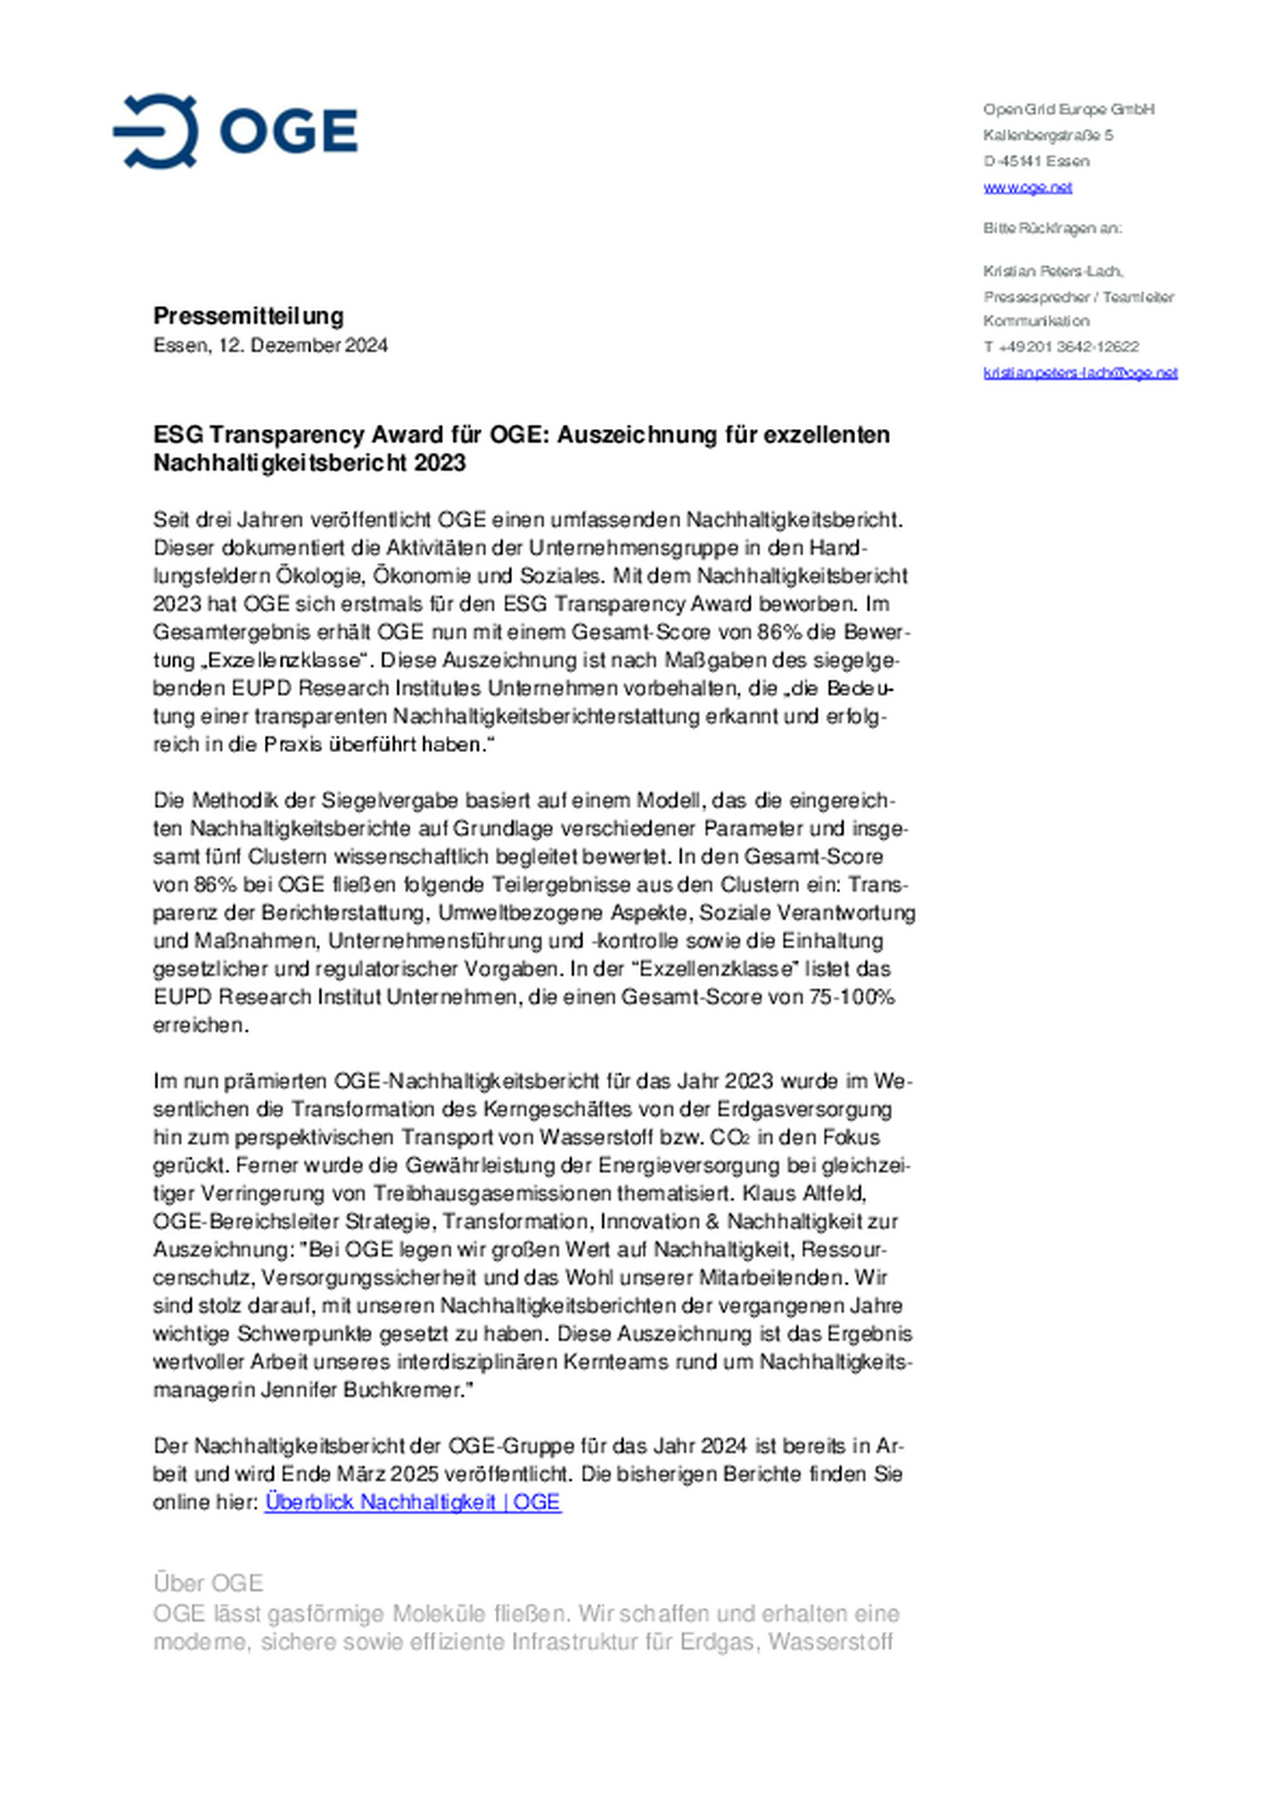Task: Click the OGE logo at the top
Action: click(235, 131)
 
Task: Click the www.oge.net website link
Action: click(1027, 187)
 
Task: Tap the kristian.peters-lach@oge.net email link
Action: click(1080, 373)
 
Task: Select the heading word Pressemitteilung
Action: click(248, 316)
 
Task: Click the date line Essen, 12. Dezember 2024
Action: click(270, 345)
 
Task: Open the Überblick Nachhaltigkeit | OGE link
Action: click(412, 1502)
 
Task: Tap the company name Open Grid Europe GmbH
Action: click(1068, 109)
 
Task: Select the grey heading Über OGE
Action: click(208, 1583)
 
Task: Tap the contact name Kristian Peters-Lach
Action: click(1052, 271)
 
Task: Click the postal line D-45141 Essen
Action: click(1036, 161)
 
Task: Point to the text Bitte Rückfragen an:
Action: click(1052, 228)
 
